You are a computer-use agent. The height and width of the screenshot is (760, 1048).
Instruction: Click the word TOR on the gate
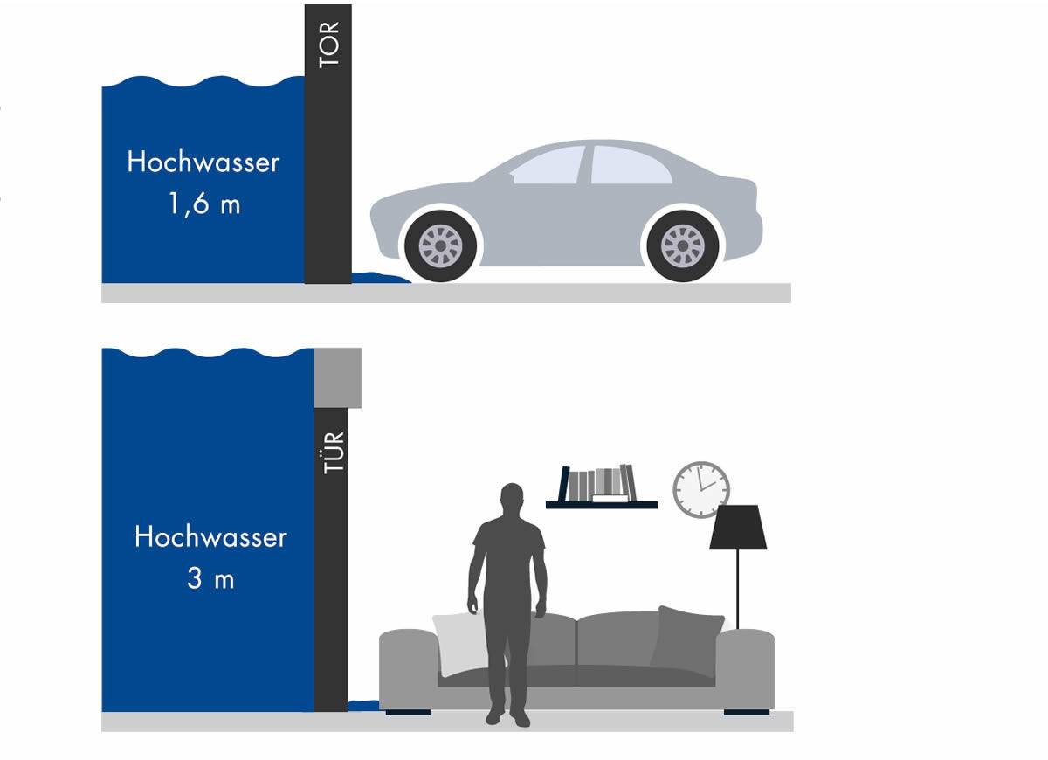click(329, 45)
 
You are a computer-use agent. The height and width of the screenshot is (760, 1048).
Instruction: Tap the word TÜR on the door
click(334, 453)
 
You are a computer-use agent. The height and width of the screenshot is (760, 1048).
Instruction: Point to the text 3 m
click(210, 579)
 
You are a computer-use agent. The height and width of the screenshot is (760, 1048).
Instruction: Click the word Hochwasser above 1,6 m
click(203, 162)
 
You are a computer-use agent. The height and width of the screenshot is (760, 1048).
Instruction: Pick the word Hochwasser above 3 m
click(210, 536)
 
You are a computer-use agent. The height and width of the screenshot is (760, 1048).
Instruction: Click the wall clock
click(700, 489)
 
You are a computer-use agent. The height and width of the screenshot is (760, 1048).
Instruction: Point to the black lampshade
click(738, 528)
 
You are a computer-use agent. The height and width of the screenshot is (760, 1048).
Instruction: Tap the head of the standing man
click(512, 499)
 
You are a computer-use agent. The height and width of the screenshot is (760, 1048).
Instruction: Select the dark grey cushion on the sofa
click(686, 637)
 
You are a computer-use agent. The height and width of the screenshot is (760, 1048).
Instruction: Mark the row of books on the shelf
click(597, 484)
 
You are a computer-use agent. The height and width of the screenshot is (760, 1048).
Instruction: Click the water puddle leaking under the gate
click(381, 278)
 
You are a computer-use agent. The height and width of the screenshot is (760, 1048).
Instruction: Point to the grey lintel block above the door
click(337, 377)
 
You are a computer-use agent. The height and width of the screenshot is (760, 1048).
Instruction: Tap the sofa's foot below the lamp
click(747, 712)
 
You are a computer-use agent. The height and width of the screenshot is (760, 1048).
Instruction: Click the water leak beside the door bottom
click(363, 706)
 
